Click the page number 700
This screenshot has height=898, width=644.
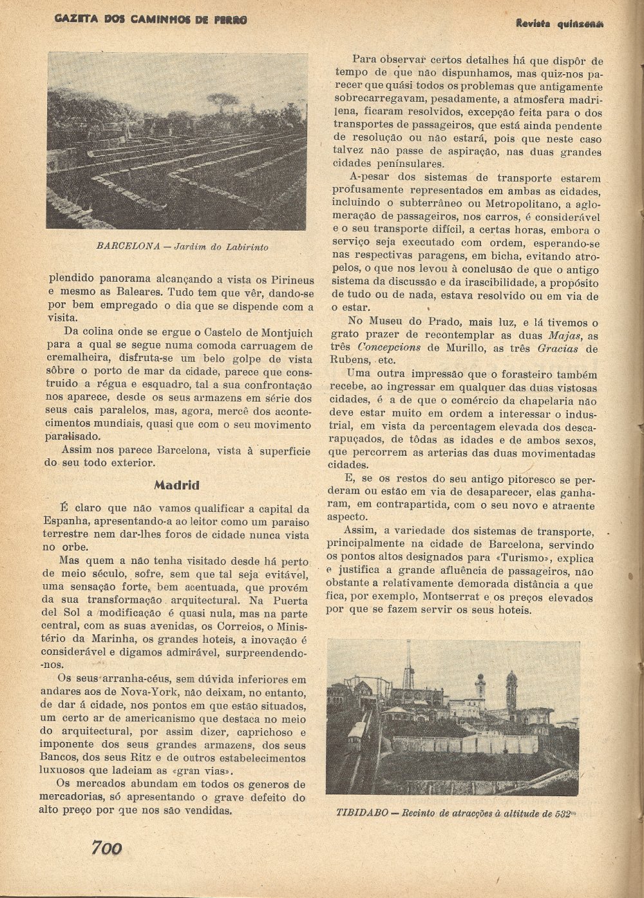pos(106,848)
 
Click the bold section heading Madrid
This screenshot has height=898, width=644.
pos(176,485)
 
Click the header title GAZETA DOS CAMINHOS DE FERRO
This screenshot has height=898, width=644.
pos(151,20)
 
